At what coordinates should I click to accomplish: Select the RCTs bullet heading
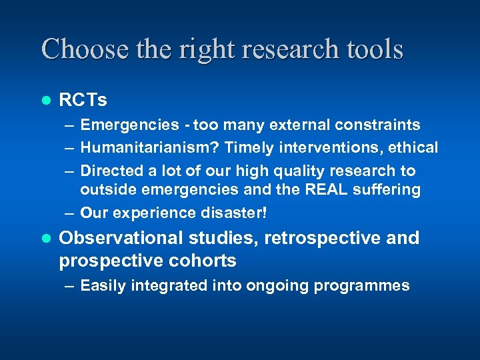coord(83,100)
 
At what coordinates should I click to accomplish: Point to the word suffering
coord(390,190)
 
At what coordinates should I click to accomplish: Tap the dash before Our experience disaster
coord(69,213)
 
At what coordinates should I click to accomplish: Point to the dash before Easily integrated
coord(69,286)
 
